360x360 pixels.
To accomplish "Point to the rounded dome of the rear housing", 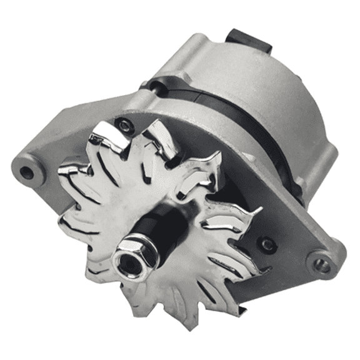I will pyautogui.click(x=275, y=94).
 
